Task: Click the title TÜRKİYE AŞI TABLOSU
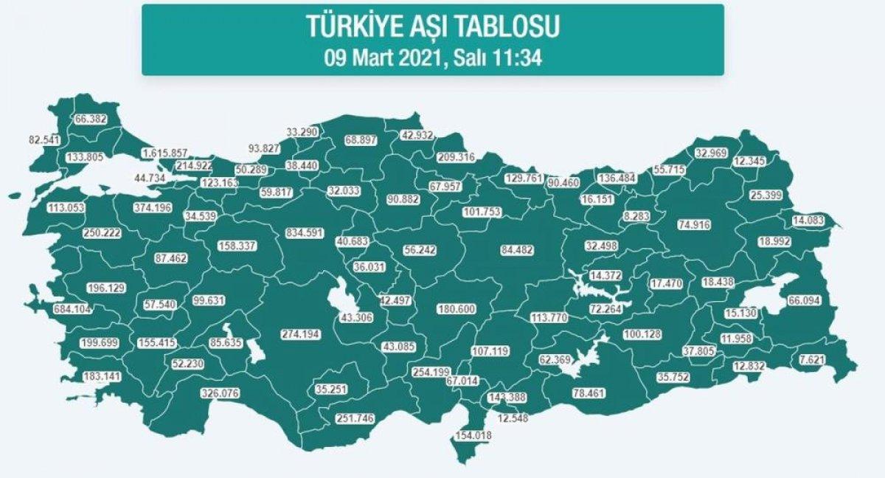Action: tap(432, 27)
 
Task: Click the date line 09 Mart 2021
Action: tap(433, 58)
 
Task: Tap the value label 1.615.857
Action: tap(165, 153)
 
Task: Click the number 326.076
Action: tap(219, 394)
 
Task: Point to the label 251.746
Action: tap(355, 418)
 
